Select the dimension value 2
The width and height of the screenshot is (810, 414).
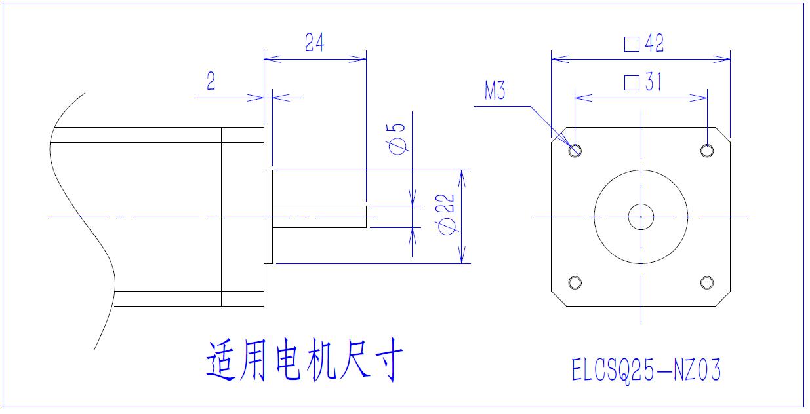click(211, 82)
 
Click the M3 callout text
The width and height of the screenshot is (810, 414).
click(495, 91)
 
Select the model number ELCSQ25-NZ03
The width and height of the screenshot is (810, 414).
click(646, 371)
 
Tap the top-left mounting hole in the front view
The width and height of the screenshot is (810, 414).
click(575, 151)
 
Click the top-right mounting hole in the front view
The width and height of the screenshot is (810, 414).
click(706, 151)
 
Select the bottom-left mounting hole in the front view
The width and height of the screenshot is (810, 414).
click(575, 282)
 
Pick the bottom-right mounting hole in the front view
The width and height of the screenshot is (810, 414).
click(706, 282)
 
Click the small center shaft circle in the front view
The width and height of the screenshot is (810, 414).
click(641, 217)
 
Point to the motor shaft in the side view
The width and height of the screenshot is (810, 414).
click(319, 217)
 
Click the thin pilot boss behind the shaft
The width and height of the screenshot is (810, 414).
click(268, 217)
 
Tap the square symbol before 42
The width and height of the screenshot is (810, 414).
click(632, 44)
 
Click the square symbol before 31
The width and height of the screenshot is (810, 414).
click(632, 83)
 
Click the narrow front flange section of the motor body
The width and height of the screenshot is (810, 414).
click(242, 217)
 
